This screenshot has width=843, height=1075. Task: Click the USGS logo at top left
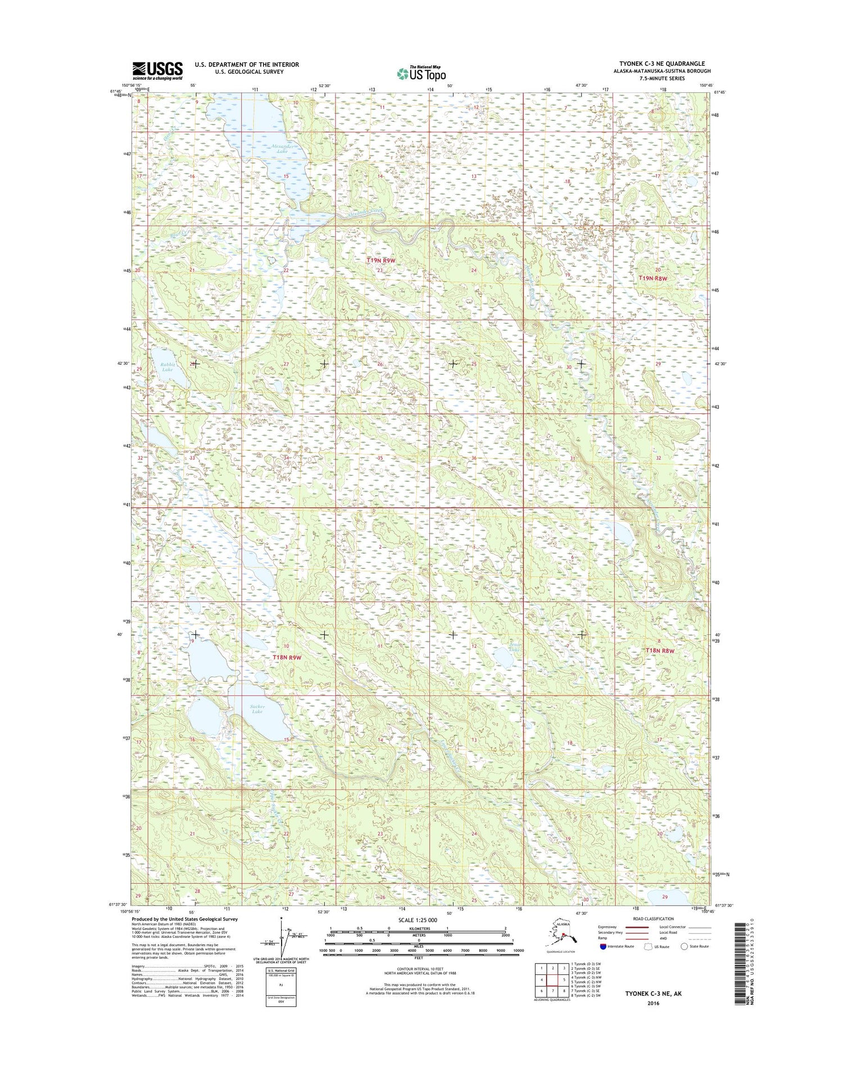(157, 70)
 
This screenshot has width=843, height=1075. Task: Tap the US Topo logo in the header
(421, 73)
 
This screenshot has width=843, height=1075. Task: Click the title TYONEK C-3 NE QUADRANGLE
(661, 64)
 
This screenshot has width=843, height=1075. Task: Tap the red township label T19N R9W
(381, 261)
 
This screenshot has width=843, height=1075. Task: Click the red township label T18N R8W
(659, 651)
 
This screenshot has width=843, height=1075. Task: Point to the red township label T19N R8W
(652, 279)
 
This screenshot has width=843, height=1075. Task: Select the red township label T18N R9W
(287, 657)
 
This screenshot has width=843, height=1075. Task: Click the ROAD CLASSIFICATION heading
(652, 919)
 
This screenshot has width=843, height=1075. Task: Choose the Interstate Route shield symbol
(603, 946)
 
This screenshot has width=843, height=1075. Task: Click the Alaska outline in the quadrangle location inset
(562, 931)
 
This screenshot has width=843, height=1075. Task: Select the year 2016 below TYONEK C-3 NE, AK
(653, 1003)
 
